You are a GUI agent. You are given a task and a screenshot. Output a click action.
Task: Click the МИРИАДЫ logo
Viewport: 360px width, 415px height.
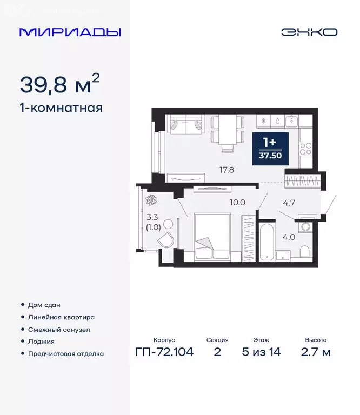[x=70, y=32]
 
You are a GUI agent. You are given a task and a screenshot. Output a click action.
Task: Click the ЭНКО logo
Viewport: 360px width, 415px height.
[x=309, y=32]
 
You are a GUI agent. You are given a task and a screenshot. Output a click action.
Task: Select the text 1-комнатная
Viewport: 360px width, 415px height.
[x=61, y=108]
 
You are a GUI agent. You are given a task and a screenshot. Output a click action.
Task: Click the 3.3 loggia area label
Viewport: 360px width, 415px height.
[x=146, y=219]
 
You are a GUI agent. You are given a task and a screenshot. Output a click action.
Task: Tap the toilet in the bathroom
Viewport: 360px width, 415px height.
[x=304, y=252]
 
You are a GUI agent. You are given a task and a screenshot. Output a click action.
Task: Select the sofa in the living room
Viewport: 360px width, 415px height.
[x=184, y=126]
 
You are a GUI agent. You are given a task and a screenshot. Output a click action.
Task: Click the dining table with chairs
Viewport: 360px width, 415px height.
[x=227, y=130]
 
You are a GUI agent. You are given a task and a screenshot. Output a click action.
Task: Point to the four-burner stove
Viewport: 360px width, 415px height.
[x=306, y=146]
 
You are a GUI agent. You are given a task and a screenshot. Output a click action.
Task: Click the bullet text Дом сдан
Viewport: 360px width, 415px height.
[x=44, y=305]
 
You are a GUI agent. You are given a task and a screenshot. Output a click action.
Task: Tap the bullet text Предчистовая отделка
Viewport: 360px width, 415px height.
[x=66, y=354]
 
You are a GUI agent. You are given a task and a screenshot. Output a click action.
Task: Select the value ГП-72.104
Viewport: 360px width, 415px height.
[x=164, y=352]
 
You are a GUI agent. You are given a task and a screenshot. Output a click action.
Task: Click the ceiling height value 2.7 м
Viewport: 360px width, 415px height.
[x=315, y=352]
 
